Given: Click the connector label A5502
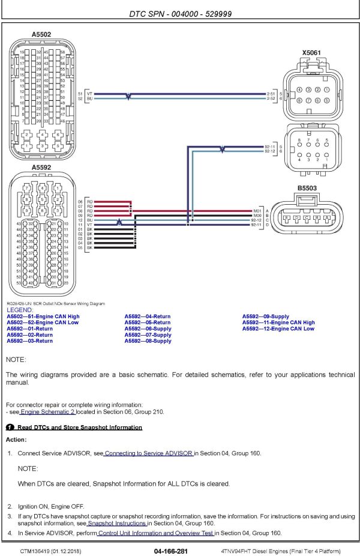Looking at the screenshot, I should pos(41,35).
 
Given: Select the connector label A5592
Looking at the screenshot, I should pos(41,168).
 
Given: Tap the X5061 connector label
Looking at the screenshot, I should pos(311,53).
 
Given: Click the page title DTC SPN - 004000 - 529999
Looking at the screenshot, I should pos(180,13).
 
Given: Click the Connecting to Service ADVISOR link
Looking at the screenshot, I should pos(148,453).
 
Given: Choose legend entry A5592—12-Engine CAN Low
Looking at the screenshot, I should pos(278,329).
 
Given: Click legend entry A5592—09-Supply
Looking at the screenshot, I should pos(265,316).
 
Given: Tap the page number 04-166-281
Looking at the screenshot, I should pos(171,551).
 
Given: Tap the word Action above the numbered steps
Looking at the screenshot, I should pos(16,440).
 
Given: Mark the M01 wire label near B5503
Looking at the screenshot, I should pos(258,211).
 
